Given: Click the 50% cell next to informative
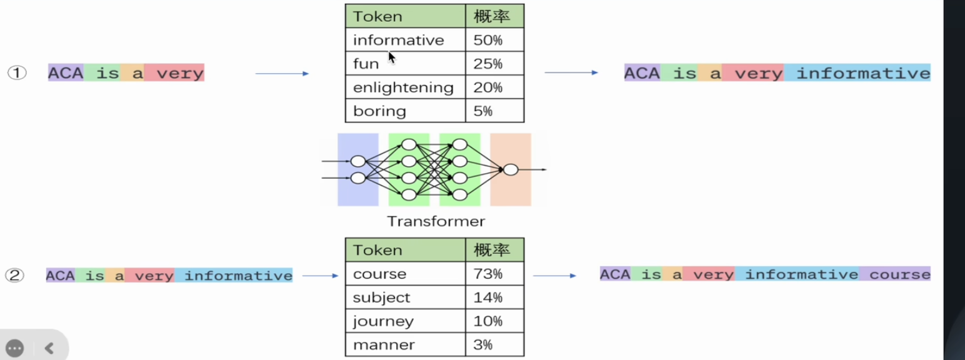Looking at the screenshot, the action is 494,40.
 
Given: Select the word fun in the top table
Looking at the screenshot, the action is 366,64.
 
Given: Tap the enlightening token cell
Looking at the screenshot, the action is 406,87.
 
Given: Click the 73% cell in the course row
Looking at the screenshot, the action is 494,274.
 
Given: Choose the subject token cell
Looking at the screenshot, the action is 406,297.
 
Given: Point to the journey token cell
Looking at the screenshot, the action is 406,321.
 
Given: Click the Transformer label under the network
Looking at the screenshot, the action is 436,221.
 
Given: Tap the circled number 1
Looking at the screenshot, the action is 17,72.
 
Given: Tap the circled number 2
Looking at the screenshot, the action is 14,275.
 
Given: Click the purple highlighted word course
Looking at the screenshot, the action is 899,274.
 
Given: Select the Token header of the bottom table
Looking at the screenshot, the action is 377,250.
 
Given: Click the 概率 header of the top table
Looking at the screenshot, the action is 491,16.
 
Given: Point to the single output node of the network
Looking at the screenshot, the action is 511,169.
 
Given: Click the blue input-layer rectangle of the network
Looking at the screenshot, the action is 358,169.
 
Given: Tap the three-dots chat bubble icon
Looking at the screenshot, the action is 14,348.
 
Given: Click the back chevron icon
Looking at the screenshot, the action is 49,348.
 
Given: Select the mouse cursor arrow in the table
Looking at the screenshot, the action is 392,57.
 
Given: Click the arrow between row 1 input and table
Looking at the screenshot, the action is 282,74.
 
